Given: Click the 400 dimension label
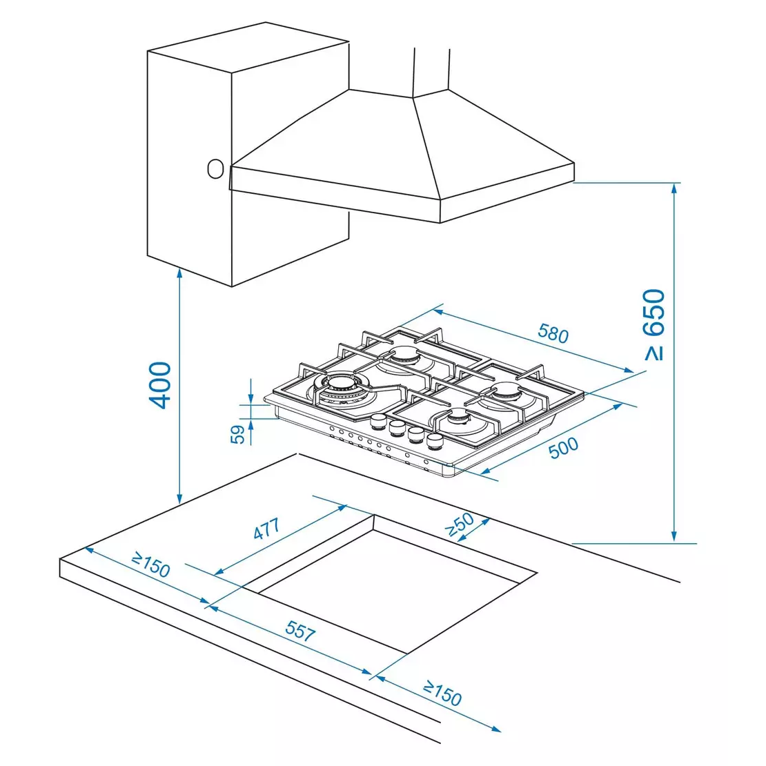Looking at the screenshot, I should (160, 384).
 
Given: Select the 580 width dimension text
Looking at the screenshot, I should (553, 334).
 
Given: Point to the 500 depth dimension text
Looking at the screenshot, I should (563, 448).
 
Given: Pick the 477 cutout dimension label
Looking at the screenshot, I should (266, 529).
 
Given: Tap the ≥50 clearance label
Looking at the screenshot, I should (460, 524).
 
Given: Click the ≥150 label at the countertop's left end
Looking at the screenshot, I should (151, 565).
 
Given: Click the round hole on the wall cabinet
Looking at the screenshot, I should (215, 168).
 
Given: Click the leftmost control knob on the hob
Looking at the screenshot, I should (378, 421).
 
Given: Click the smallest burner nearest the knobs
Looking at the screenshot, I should (459, 418).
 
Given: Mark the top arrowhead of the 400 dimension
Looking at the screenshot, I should (179, 272).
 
